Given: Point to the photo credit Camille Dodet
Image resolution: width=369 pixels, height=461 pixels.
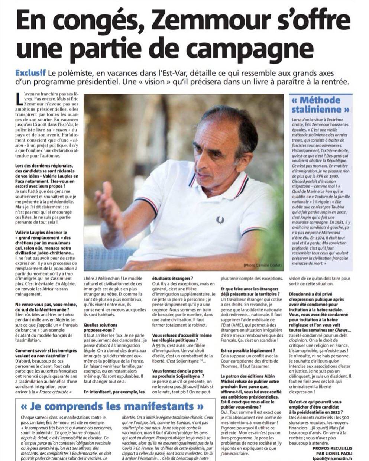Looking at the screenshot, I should tap(265, 266).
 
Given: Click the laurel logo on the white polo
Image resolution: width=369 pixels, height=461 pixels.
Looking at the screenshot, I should tap(220, 220).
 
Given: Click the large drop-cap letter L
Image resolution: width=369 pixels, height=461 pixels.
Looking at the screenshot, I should tap(20, 101).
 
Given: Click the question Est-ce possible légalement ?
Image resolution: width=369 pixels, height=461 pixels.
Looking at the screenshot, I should tap(248, 350).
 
